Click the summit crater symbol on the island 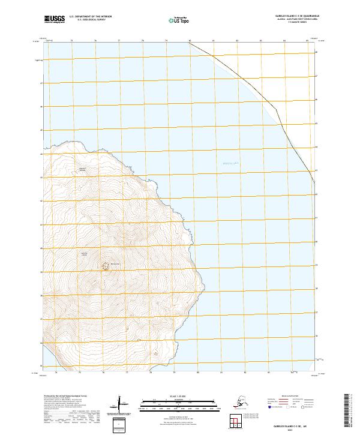point(106,265)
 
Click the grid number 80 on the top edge point(190,41)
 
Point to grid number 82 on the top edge point(238,41)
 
